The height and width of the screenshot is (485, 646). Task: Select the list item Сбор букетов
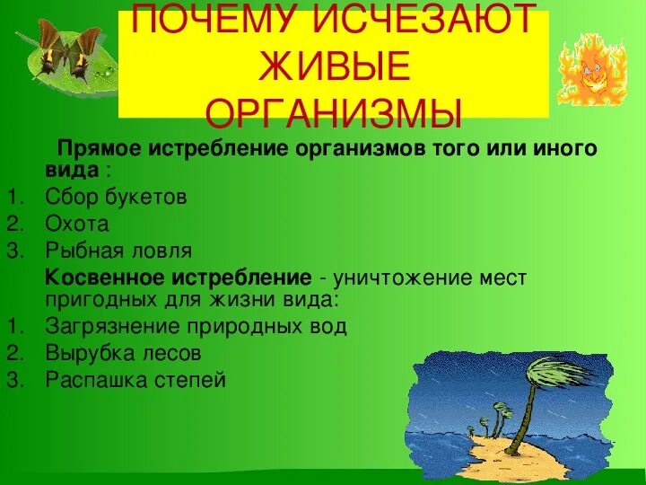coord(116,198)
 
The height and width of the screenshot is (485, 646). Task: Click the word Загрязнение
coord(108,326)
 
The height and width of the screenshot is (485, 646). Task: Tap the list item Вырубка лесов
coord(122,353)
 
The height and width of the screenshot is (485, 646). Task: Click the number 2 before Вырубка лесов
coord(13,353)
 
